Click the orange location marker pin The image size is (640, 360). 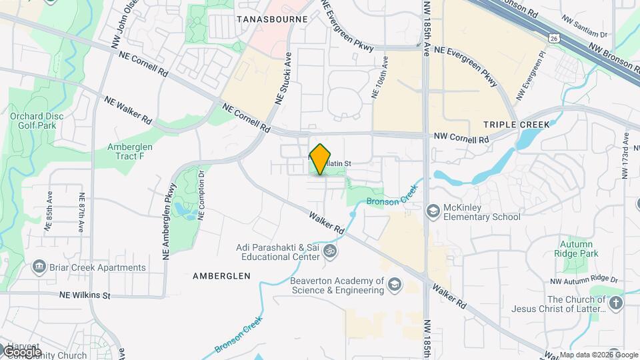[x=320, y=159]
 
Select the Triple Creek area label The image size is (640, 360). [x=516, y=125]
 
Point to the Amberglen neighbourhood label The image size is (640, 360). [x=221, y=275]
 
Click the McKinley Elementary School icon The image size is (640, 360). [x=433, y=211]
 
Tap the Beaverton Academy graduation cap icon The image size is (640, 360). [x=395, y=285]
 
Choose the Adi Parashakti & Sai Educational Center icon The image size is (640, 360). [x=329, y=251]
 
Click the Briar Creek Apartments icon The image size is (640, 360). [x=39, y=268]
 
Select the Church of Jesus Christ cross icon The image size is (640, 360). [x=615, y=304]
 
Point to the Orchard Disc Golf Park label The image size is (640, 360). [x=37, y=121]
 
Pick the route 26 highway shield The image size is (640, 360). [x=555, y=39]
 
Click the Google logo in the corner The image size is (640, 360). [x=21, y=351]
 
